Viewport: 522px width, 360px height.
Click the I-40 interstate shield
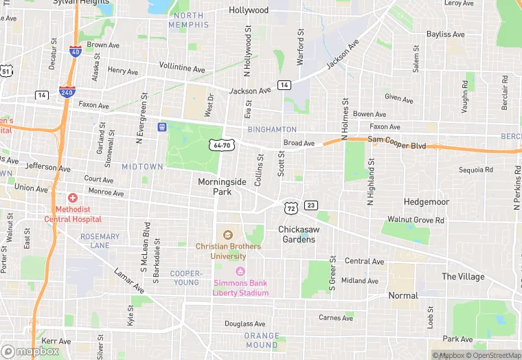pyautogui.click(x=75, y=52)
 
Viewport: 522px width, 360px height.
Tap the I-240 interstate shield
pyautogui.click(x=67, y=92)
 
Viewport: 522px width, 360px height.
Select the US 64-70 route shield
pyautogui.click(x=222, y=145)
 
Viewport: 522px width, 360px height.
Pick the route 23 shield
pyautogui.click(x=311, y=205)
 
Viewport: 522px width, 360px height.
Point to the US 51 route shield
pyautogui.click(x=6, y=71)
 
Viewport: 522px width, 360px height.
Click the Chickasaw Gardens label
pyautogui.click(x=297, y=234)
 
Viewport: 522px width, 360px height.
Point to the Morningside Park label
pyautogui.click(x=222, y=187)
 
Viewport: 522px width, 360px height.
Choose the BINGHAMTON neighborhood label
pyautogui.click(x=273, y=129)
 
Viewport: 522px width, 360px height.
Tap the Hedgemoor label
pyautogui.click(x=427, y=202)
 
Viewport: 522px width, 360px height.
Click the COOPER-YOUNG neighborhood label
pyautogui.click(x=186, y=278)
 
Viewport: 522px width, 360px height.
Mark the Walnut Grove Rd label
pyautogui.click(x=416, y=220)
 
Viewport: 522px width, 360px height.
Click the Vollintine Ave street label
pyautogui.click(x=182, y=69)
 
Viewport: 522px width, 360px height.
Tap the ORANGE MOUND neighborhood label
pyautogui.click(x=262, y=340)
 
